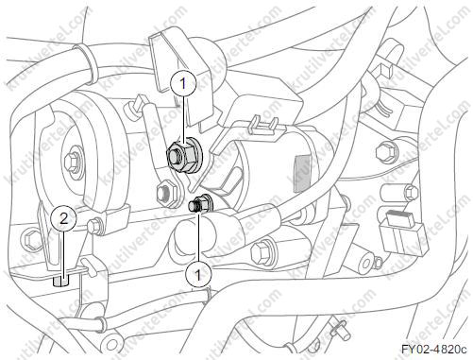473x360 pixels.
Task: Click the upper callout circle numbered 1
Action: (183, 83)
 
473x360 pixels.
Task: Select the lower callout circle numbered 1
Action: (198, 275)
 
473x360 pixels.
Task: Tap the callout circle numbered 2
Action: (64, 218)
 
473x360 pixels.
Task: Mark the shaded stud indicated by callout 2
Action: (59, 281)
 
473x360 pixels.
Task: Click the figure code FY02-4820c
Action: (434, 350)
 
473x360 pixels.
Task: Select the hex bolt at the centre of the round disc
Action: (72, 161)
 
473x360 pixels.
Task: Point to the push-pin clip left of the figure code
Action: (340, 330)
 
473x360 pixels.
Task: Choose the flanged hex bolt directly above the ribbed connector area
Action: (386, 152)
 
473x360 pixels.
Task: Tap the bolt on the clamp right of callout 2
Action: (94, 226)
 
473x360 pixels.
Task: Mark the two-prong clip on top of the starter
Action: (263, 126)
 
